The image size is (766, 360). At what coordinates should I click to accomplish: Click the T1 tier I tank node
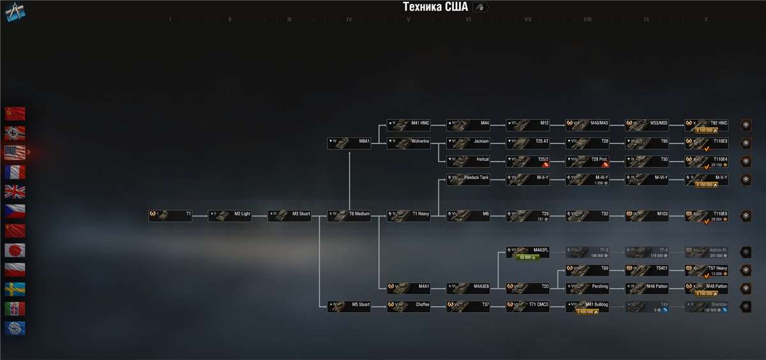170,216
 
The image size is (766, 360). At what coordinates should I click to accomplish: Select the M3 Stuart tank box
289,216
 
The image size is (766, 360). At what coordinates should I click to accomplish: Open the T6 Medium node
349,216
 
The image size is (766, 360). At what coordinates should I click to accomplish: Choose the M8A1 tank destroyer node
349,143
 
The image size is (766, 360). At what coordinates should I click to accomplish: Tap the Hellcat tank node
469,161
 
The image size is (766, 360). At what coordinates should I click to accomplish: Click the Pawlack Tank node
469,179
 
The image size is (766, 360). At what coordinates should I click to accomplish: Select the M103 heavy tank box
647,216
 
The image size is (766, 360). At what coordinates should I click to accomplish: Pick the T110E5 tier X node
707,216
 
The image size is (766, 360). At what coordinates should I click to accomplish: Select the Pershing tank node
587,288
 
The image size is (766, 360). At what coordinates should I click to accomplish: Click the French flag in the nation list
15,172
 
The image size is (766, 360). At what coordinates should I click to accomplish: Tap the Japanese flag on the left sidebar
15,250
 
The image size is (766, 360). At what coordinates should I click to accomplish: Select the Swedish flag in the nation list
15,289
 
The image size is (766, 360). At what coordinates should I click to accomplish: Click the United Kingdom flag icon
15,191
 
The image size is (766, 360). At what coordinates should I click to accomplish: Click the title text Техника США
435,7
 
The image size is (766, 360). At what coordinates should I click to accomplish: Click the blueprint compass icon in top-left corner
14,11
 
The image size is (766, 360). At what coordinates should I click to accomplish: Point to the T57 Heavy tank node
707,270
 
